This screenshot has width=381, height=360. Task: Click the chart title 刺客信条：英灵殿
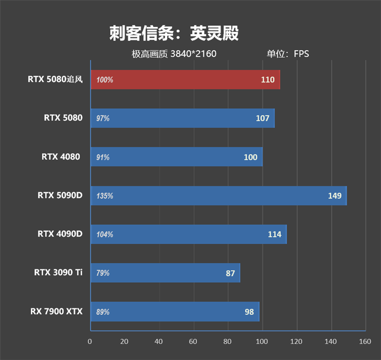click(174, 33)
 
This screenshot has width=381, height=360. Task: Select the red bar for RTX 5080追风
click(185, 80)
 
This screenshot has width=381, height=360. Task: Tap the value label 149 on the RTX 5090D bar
click(335, 195)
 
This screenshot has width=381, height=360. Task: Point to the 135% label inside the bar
click(105, 196)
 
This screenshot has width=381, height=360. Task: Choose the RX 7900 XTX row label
click(57, 311)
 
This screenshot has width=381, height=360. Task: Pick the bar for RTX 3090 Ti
click(165, 273)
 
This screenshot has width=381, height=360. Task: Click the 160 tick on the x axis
click(365, 341)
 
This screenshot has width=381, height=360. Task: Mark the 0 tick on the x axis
click(90, 341)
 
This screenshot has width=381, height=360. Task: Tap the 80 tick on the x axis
click(228, 341)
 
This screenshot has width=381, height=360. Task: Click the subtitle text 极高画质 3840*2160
click(174, 54)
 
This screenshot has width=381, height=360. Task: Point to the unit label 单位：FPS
click(288, 54)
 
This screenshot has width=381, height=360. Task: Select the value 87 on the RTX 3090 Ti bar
click(231, 273)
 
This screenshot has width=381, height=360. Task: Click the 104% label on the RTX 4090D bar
click(105, 235)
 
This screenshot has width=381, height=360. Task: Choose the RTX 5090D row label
click(60, 195)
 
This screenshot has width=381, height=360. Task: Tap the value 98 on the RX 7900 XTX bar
click(249, 312)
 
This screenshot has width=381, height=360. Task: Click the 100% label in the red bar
click(105, 80)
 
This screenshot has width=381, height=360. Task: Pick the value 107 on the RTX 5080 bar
click(262, 118)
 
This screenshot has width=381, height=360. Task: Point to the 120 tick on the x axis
click(297, 341)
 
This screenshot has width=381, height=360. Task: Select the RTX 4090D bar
click(189, 234)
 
